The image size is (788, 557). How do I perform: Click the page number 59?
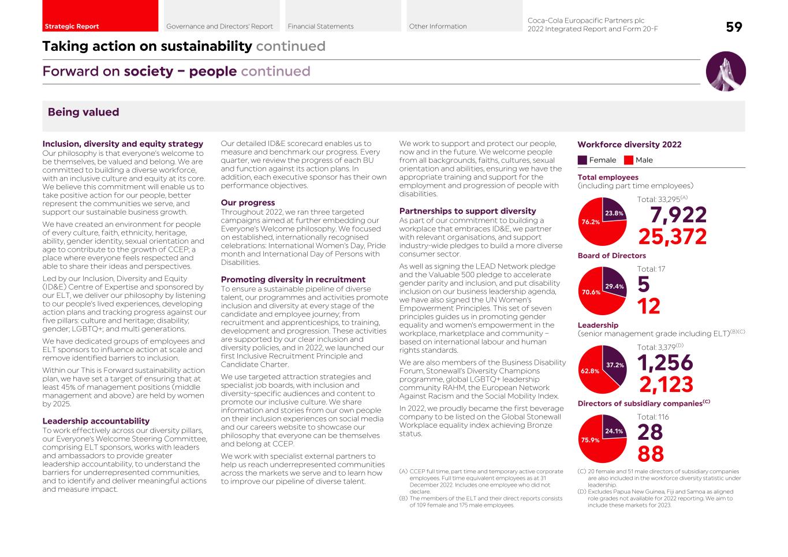point(734,27)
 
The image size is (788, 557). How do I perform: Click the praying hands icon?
point(726,72)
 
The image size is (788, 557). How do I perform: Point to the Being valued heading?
point(83,113)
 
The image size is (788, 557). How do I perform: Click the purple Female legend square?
point(582,160)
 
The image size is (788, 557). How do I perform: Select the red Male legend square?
point(629,160)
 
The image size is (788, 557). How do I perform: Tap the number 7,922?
point(678,215)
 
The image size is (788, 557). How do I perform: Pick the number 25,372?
point(673,237)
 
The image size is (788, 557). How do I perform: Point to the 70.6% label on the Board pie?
point(591,292)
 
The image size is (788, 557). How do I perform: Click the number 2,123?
point(666,384)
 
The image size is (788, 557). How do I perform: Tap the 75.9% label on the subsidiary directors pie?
point(591,440)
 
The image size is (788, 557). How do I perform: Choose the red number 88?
point(651,454)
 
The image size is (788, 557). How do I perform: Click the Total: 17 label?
point(651,269)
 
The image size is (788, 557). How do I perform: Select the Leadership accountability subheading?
point(96,421)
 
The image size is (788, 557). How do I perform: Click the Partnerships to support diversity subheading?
point(468,211)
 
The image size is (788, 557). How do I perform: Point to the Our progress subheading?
point(248,203)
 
